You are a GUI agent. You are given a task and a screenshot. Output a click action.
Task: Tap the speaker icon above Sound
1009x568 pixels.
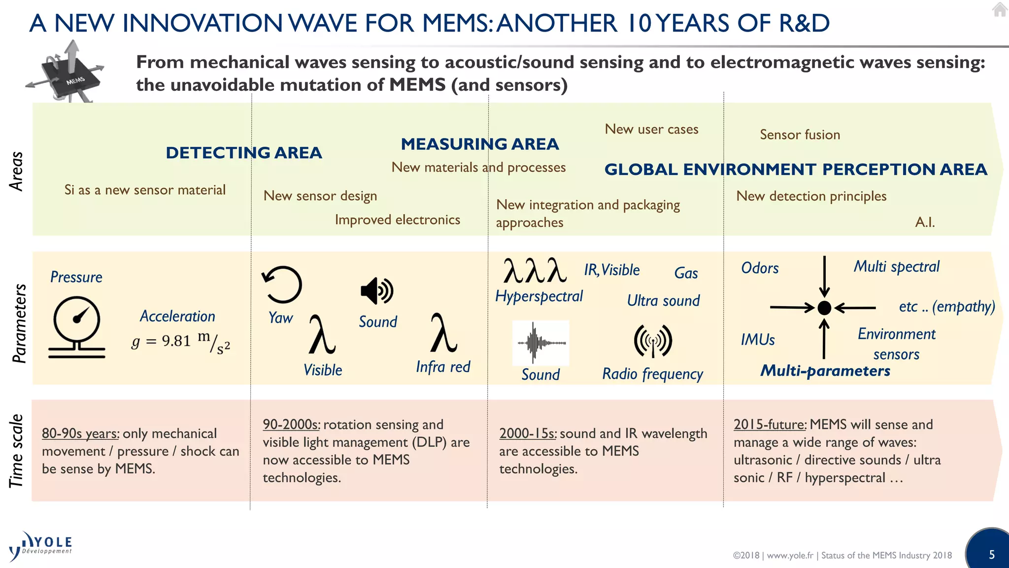pos(377,290)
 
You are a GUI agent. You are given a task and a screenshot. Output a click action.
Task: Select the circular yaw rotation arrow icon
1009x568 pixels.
pos(282,284)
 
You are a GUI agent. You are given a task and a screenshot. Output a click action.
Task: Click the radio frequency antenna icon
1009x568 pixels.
pos(653,341)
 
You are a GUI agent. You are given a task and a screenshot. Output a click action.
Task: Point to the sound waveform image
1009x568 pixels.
pos(541,343)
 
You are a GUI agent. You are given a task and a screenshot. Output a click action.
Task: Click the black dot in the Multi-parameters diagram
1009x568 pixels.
pos(824,308)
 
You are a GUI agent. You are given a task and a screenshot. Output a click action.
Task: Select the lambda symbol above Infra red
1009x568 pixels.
pos(443,333)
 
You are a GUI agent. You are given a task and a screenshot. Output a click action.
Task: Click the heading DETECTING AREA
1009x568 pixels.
pos(243,153)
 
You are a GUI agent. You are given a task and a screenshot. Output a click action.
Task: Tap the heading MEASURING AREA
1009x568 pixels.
pos(479,144)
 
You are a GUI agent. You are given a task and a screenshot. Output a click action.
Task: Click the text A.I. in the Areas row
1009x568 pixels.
pos(925,222)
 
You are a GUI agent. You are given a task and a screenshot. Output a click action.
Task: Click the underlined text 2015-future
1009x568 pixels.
pos(770,425)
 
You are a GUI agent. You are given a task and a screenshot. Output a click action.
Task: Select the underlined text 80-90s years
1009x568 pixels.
pos(80,433)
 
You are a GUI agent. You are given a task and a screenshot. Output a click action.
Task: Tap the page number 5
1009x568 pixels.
pos(992,555)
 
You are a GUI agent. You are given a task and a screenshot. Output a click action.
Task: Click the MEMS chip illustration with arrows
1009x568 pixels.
pos(67,73)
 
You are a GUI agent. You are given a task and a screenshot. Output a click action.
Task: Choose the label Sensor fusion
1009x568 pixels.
pos(800,135)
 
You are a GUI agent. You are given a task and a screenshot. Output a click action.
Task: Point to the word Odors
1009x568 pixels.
pos(760,268)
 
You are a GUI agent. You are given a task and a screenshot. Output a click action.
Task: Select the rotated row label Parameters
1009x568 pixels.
pos(19,323)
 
